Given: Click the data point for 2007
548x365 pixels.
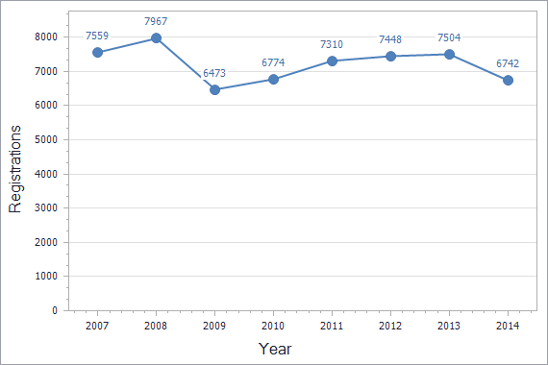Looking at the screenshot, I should [x=97, y=52].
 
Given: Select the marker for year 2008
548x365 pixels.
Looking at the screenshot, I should [x=156, y=38].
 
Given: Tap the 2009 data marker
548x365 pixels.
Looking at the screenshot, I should [x=214, y=89].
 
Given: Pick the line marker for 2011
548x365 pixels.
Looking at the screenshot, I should [x=332, y=61].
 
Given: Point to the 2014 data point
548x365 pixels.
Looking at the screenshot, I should [x=508, y=80].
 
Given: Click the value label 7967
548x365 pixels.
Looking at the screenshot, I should [x=156, y=20].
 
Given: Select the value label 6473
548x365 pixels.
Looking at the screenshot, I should [x=215, y=72].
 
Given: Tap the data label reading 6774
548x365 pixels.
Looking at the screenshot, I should [x=273, y=61].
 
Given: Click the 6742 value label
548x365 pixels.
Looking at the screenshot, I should [x=508, y=62].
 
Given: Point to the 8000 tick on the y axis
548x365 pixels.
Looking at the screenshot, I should [x=45, y=36].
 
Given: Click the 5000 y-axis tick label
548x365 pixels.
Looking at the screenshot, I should [x=45, y=139].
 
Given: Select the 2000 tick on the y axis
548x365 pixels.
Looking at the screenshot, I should [x=45, y=242].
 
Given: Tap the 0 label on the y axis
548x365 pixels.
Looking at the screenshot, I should [x=55, y=310].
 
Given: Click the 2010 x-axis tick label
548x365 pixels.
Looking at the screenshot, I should [x=273, y=326].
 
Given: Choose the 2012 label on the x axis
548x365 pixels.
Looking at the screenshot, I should [x=390, y=326].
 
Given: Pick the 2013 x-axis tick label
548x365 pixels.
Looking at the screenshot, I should [x=449, y=326].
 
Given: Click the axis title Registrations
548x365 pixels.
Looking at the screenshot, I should [x=15, y=174].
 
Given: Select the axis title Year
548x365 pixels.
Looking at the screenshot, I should [x=274, y=349].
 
